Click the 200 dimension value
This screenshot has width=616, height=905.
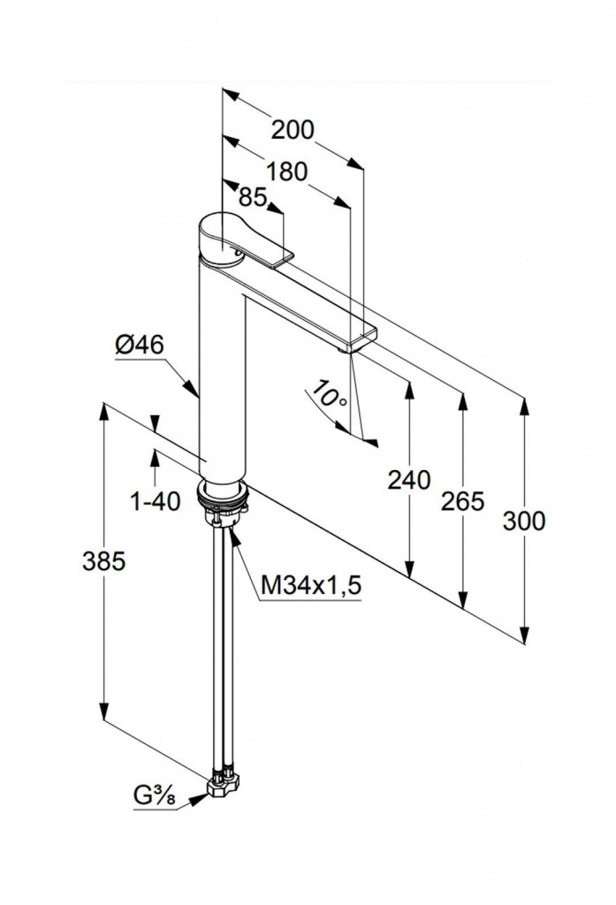click(293, 130)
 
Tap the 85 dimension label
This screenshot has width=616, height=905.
click(253, 198)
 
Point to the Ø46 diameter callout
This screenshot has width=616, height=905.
click(140, 346)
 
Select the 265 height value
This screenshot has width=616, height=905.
click(463, 501)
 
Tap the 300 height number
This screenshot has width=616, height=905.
click(524, 521)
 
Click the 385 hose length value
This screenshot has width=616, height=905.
click(104, 559)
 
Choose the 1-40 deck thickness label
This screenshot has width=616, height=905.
click(155, 501)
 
